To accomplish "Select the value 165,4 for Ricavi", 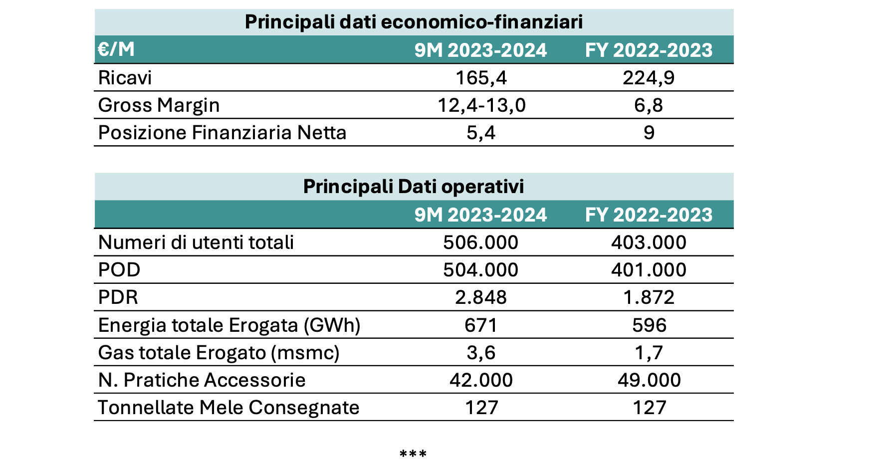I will tap(481, 78).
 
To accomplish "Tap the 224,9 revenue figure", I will tap(649, 78).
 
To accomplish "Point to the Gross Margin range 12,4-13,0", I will tap(481, 105).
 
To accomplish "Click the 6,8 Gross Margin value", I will tap(649, 105).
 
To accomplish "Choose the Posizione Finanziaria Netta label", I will tap(222, 133).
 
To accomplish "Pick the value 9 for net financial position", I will tap(649, 133).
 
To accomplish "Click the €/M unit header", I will tap(116, 49).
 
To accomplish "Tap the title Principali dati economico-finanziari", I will tap(414, 22).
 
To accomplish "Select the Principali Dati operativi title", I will tap(414, 187).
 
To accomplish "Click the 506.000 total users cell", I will tap(481, 242).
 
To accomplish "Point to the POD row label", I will tap(119, 270).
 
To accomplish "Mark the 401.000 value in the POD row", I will tap(649, 270).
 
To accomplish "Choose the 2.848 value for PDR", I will tap(481, 297).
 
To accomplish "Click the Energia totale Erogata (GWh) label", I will tap(229, 325).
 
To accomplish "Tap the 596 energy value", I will tap(649, 325).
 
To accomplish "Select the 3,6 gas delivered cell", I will tap(481, 353).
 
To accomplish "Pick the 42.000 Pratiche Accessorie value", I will tap(481, 380).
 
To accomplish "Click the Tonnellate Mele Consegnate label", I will tap(228, 408).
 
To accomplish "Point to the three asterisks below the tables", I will tap(413, 454).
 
